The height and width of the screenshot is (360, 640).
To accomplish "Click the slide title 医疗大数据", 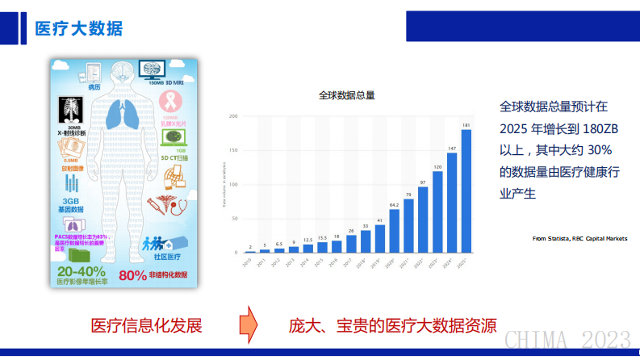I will point(79,29).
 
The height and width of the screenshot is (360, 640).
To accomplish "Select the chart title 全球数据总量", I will point(347,95).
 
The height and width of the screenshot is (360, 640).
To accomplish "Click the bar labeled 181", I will point(466,191).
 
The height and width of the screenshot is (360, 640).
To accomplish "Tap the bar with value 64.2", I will point(394,232).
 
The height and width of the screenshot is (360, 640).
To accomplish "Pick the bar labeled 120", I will point(437,212).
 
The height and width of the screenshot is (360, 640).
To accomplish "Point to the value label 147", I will point(452,149).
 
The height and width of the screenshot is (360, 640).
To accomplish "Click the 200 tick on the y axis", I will point(232,116).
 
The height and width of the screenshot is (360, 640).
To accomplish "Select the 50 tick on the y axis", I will point(233,219).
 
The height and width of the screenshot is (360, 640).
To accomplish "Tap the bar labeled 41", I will point(379,239).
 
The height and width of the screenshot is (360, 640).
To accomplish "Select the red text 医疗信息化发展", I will point(146,325).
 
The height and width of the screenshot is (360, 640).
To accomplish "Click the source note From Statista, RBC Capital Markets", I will point(580,238).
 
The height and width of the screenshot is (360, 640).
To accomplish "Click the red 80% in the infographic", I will point(132,275).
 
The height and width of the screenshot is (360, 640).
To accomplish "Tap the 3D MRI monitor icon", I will point(158,69).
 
